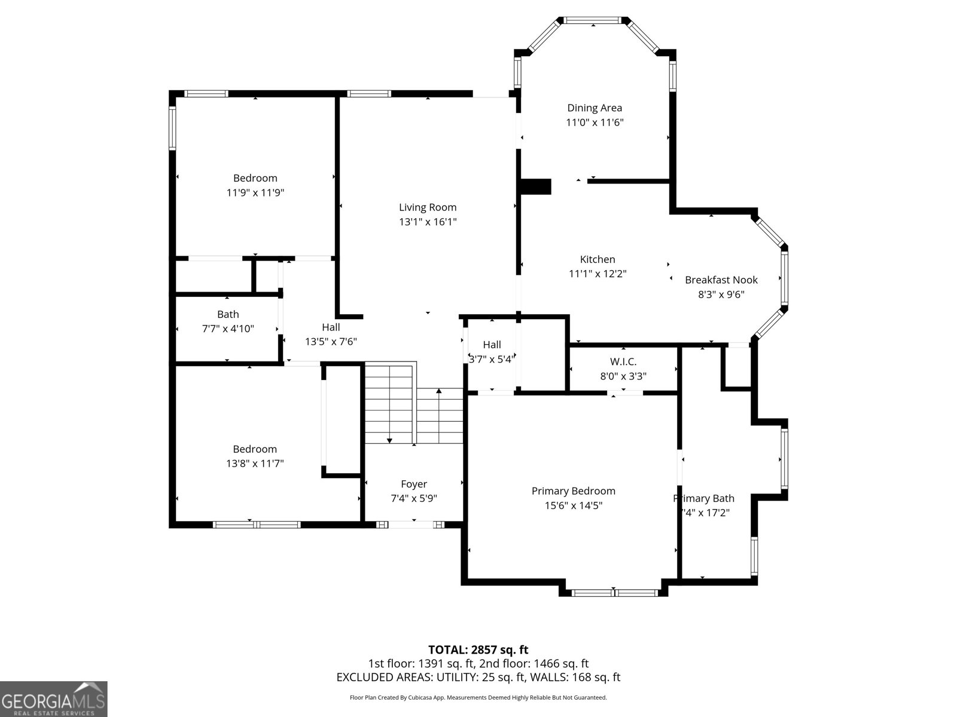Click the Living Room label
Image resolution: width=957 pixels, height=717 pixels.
tap(428, 207)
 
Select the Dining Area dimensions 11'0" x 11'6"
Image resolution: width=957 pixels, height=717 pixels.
tap(595, 122)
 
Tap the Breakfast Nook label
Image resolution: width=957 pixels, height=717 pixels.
tap(721, 280)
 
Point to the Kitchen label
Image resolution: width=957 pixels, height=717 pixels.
tap(597, 259)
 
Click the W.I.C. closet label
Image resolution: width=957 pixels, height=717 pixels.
tap(623, 361)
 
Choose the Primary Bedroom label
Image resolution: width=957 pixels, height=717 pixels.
tap(573, 491)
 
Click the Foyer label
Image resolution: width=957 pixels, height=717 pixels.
tap(413, 484)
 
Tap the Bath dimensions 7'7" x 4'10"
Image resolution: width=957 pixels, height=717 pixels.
tap(228, 329)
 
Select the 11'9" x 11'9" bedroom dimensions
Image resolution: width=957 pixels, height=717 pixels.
tap(255, 192)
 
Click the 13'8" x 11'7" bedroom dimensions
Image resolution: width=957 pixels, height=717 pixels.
tap(255, 463)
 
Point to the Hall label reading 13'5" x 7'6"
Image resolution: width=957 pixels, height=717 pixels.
tap(331, 327)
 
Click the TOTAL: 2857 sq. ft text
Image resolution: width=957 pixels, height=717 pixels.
tap(478, 649)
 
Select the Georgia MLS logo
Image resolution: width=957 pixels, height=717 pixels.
tap(53, 699)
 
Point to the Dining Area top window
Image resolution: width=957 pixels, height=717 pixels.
tap(593, 20)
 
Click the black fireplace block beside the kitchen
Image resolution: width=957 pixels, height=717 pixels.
tap(536, 186)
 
